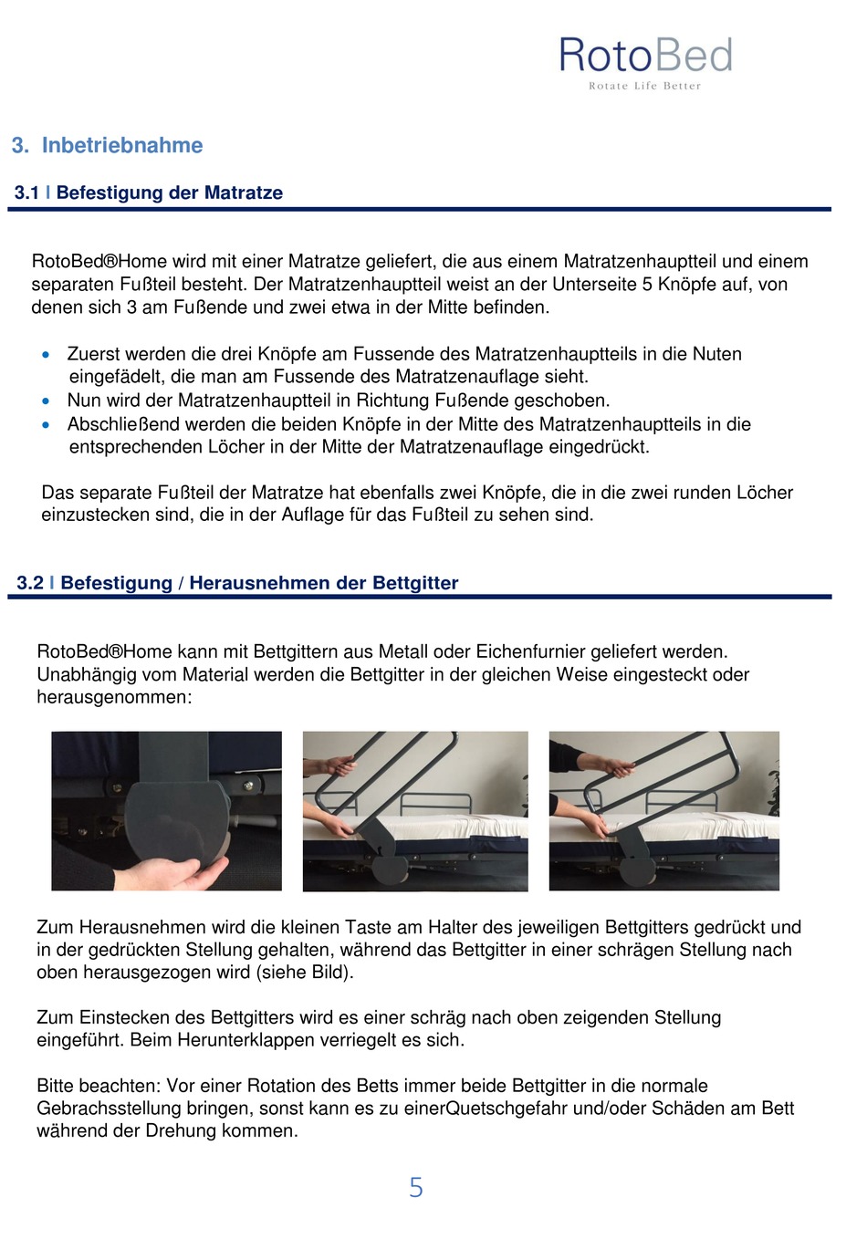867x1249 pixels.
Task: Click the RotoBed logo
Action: (645, 62)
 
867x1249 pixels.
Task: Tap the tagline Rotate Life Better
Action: (644, 86)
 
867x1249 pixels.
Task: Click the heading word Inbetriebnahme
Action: (122, 145)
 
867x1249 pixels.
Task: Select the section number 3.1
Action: (26, 193)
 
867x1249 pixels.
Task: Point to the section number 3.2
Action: (30, 583)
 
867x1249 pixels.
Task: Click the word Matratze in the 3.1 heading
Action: (244, 193)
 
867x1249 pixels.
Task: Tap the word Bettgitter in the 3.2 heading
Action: (415, 583)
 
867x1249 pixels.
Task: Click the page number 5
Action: (416, 1187)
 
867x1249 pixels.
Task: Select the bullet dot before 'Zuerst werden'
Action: (46, 355)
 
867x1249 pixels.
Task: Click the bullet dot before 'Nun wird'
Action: (46, 401)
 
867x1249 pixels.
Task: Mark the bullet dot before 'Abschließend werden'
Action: (46, 425)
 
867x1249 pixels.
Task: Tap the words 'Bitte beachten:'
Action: (99, 1086)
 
